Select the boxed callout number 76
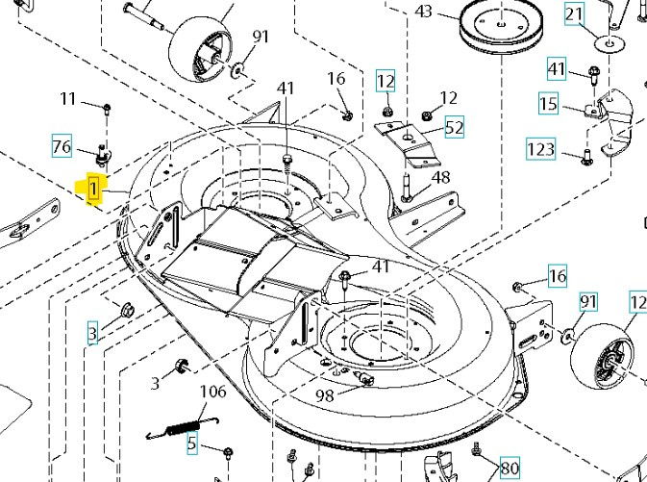click(62, 146)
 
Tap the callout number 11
click(68, 98)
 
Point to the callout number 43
click(424, 12)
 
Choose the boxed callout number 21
click(601, 14)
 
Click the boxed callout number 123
click(541, 149)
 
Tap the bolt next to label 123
click(585, 154)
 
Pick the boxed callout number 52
click(454, 127)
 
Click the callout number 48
click(440, 177)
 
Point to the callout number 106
click(212, 392)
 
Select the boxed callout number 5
click(191, 444)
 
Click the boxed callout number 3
click(92, 334)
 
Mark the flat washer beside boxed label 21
click(605, 42)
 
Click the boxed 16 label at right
click(558, 277)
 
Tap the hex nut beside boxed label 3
click(124, 310)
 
